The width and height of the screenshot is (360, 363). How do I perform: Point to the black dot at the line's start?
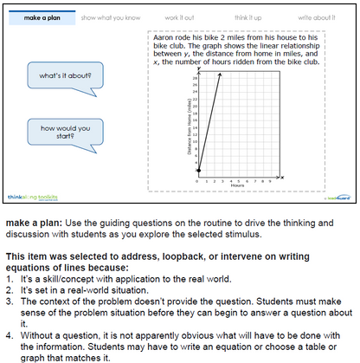pyautogui.click(x=198, y=172)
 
